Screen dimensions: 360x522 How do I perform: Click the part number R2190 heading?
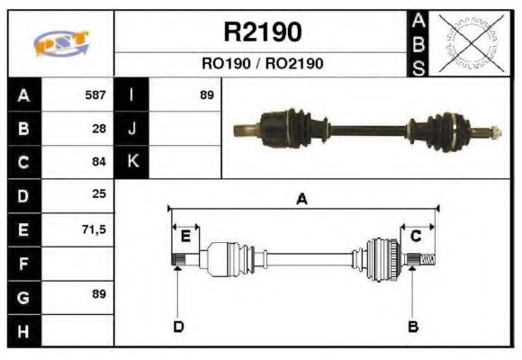tap(262, 32)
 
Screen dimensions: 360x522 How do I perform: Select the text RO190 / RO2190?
tap(262, 64)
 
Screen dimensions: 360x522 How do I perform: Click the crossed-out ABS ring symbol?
tap(469, 43)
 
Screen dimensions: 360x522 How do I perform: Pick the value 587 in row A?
tap(95, 94)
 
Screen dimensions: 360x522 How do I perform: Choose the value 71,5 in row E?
tap(94, 229)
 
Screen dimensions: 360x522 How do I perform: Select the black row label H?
tap(24, 330)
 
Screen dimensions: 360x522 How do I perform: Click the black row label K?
tap(132, 162)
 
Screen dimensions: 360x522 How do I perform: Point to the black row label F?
tap(24, 263)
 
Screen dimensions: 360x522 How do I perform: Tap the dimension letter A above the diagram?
tap(302, 199)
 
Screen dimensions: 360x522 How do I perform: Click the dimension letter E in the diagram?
tap(184, 237)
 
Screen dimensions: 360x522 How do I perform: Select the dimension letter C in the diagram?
tap(416, 236)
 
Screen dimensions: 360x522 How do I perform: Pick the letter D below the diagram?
tap(178, 326)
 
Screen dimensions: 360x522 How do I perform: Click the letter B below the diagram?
tap(413, 326)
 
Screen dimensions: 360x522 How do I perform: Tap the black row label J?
tap(132, 128)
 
